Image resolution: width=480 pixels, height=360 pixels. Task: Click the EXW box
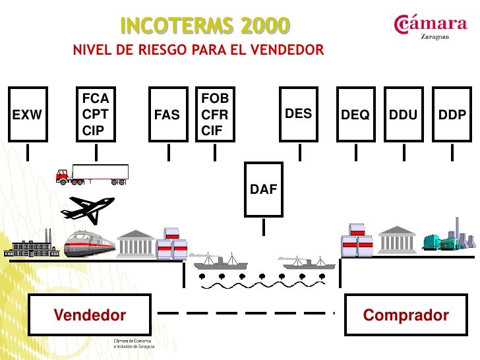(27, 114)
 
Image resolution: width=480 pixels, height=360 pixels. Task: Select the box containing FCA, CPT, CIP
(96, 114)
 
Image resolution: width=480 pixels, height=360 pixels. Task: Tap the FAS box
(167, 114)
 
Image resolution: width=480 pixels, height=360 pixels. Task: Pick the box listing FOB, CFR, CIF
(216, 114)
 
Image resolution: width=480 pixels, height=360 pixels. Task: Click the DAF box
(264, 189)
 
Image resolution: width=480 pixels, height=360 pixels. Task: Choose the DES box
(299, 114)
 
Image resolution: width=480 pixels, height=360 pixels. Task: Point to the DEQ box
(355, 114)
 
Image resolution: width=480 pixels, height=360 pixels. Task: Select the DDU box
(403, 114)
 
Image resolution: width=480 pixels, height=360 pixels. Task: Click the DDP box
(452, 114)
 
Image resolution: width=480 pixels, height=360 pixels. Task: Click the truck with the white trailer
(92, 175)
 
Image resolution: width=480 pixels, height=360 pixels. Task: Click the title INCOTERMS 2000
(204, 26)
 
